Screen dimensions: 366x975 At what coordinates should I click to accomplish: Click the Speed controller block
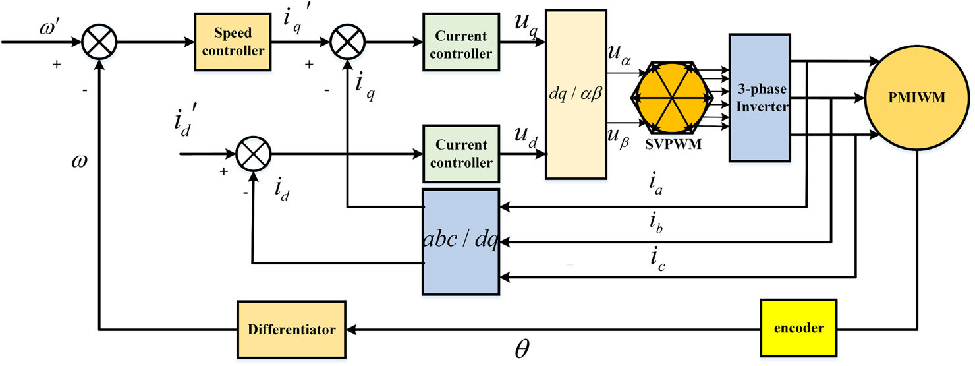pyautogui.click(x=232, y=43)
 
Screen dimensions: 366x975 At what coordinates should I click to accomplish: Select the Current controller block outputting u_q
pyautogui.click(x=460, y=44)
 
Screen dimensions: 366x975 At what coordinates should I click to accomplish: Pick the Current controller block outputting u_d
pyautogui.click(x=460, y=154)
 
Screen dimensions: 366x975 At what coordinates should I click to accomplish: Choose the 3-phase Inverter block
pyautogui.click(x=759, y=98)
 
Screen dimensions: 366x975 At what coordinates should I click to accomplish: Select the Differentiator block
pyautogui.click(x=291, y=328)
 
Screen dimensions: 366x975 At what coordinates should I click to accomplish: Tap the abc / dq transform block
pyautogui.click(x=460, y=242)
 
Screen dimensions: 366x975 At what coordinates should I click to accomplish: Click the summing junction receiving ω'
pyautogui.click(x=99, y=43)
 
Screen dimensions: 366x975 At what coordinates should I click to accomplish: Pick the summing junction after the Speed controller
pyautogui.click(x=347, y=43)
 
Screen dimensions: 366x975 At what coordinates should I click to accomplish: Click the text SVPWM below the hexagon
pyautogui.click(x=673, y=144)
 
